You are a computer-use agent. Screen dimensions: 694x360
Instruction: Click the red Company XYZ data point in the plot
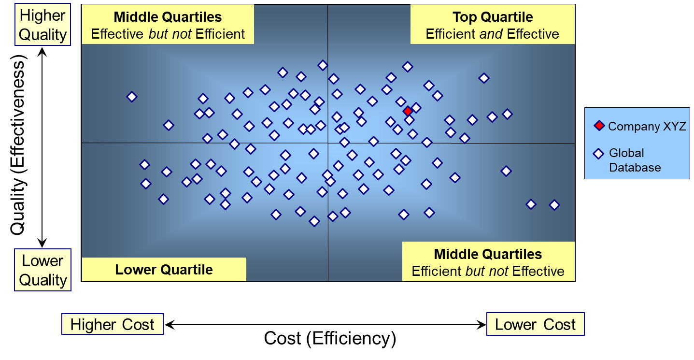click(x=408, y=111)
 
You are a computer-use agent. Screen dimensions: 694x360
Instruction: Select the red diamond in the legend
click(x=599, y=126)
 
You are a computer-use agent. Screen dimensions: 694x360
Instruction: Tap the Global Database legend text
click(x=635, y=160)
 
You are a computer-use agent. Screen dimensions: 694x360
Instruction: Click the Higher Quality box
click(x=43, y=25)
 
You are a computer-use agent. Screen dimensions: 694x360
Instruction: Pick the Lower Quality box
click(x=43, y=270)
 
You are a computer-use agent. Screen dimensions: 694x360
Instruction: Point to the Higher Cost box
click(x=113, y=324)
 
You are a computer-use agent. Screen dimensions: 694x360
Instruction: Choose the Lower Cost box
click(x=536, y=324)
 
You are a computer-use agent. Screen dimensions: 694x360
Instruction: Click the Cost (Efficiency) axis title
click(x=330, y=338)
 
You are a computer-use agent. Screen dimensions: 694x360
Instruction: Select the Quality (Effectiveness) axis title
click(x=18, y=144)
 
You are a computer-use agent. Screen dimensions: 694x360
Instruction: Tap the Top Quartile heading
click(x=493, y=17)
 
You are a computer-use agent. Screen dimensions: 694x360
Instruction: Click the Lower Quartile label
click(x=164, y=270)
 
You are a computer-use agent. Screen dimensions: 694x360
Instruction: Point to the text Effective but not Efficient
click(x=168, y=34)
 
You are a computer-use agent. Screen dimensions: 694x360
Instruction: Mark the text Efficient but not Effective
click(x=488, y=271)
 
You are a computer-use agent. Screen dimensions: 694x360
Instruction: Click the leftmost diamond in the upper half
click(x=132, y=97)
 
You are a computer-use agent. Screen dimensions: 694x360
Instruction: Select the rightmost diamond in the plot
click(x=554, y=205)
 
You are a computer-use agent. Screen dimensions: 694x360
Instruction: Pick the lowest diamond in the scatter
click(x=314, y=221)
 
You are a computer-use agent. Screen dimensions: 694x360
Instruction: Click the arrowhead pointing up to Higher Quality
click(x=42, y=52)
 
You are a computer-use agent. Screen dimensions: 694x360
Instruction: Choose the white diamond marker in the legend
click(x=598, y=154)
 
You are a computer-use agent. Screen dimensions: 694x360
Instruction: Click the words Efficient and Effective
click(x=492, y=34)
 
